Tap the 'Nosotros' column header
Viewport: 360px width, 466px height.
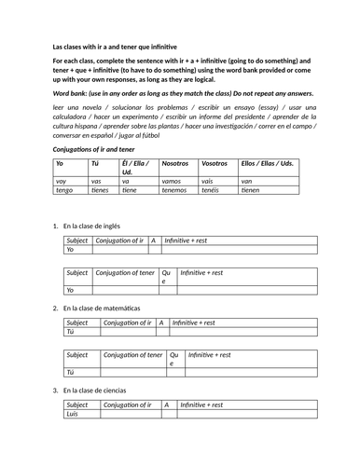[174, 163]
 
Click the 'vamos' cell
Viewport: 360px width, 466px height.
[172, 182]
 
